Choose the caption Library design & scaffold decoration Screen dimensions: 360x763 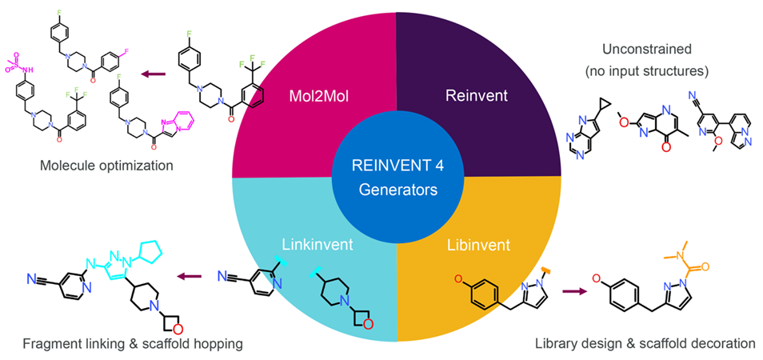tap(644, 343)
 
